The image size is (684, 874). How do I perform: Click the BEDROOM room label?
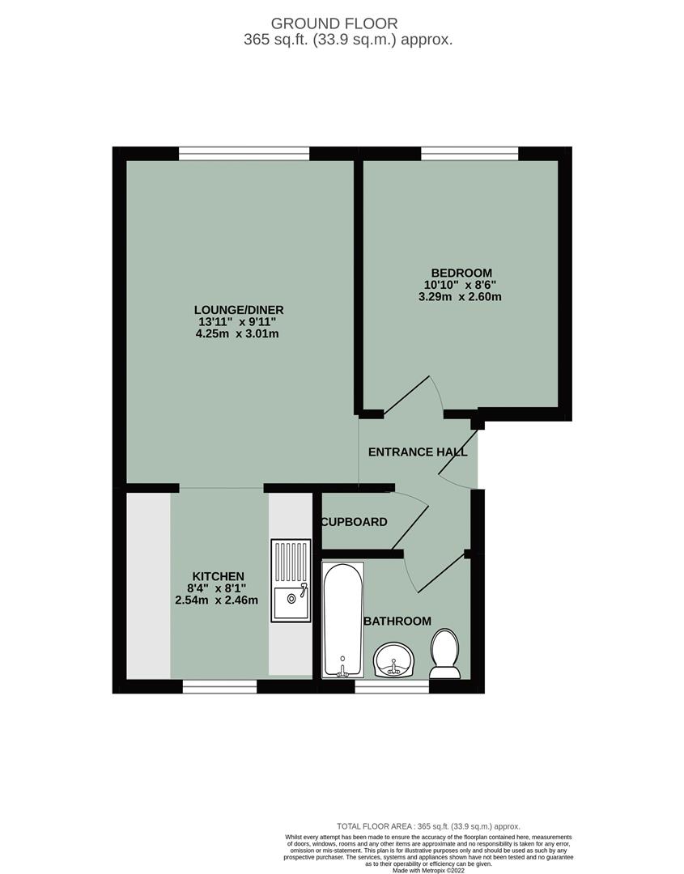click(x=461, y=273)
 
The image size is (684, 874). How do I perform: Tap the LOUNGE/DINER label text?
click(x=239, y=310)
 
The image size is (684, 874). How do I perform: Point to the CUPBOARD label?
click(x=355, y=522)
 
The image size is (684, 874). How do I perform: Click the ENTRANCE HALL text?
click(x=418, y=452)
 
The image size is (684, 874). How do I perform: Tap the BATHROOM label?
click(x=397, y=621)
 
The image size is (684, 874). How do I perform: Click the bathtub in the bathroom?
click(x=343, y=620)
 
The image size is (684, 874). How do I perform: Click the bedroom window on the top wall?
click(x=469, y=151)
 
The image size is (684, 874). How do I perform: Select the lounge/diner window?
click(x=244, y=151)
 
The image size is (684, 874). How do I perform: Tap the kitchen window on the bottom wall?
click(x=219, y=686)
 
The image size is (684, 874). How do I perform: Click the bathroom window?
click(x=392, y=686)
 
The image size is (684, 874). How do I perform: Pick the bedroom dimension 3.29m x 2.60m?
click(x=461, y=296)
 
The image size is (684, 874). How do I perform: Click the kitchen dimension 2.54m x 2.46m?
click(x=216, y=600)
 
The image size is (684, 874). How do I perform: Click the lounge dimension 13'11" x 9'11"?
click(x=238, y=322)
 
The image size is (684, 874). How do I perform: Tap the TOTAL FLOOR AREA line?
click(x=428, y=826)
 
